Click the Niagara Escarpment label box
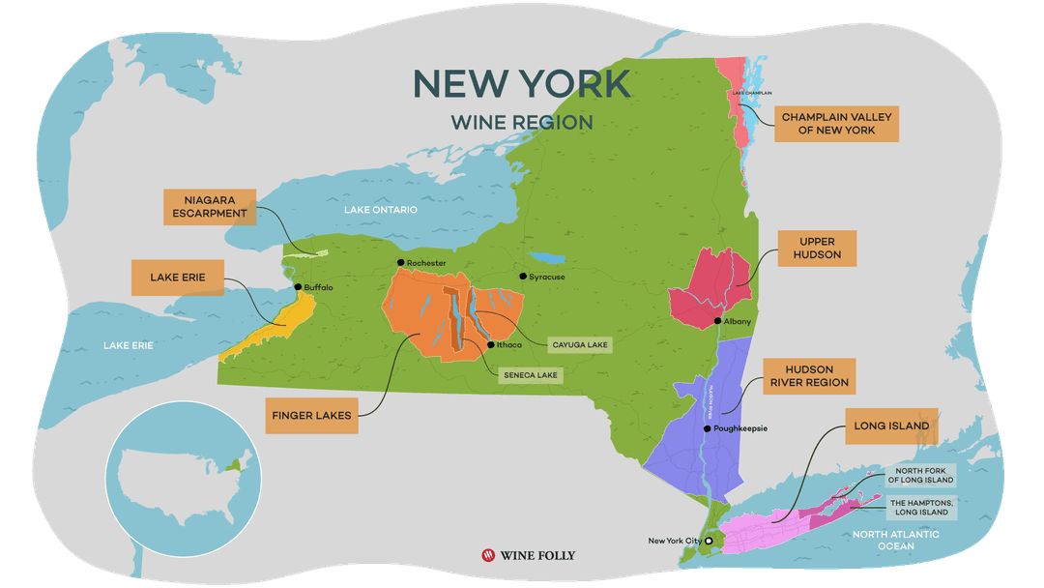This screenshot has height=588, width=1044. pos(210,207)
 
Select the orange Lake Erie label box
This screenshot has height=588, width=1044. pos(178,278)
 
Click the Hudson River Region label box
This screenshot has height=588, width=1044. pos(809,376)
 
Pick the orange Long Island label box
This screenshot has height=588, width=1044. pos(891,426)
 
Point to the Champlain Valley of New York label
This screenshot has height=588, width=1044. pos(837,124)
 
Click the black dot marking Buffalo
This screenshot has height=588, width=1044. pos(298,287)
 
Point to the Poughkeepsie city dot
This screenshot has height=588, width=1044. pos(707,428)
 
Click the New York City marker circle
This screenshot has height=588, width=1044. pos(709,542)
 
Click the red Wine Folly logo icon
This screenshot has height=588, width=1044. pos(488,556)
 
